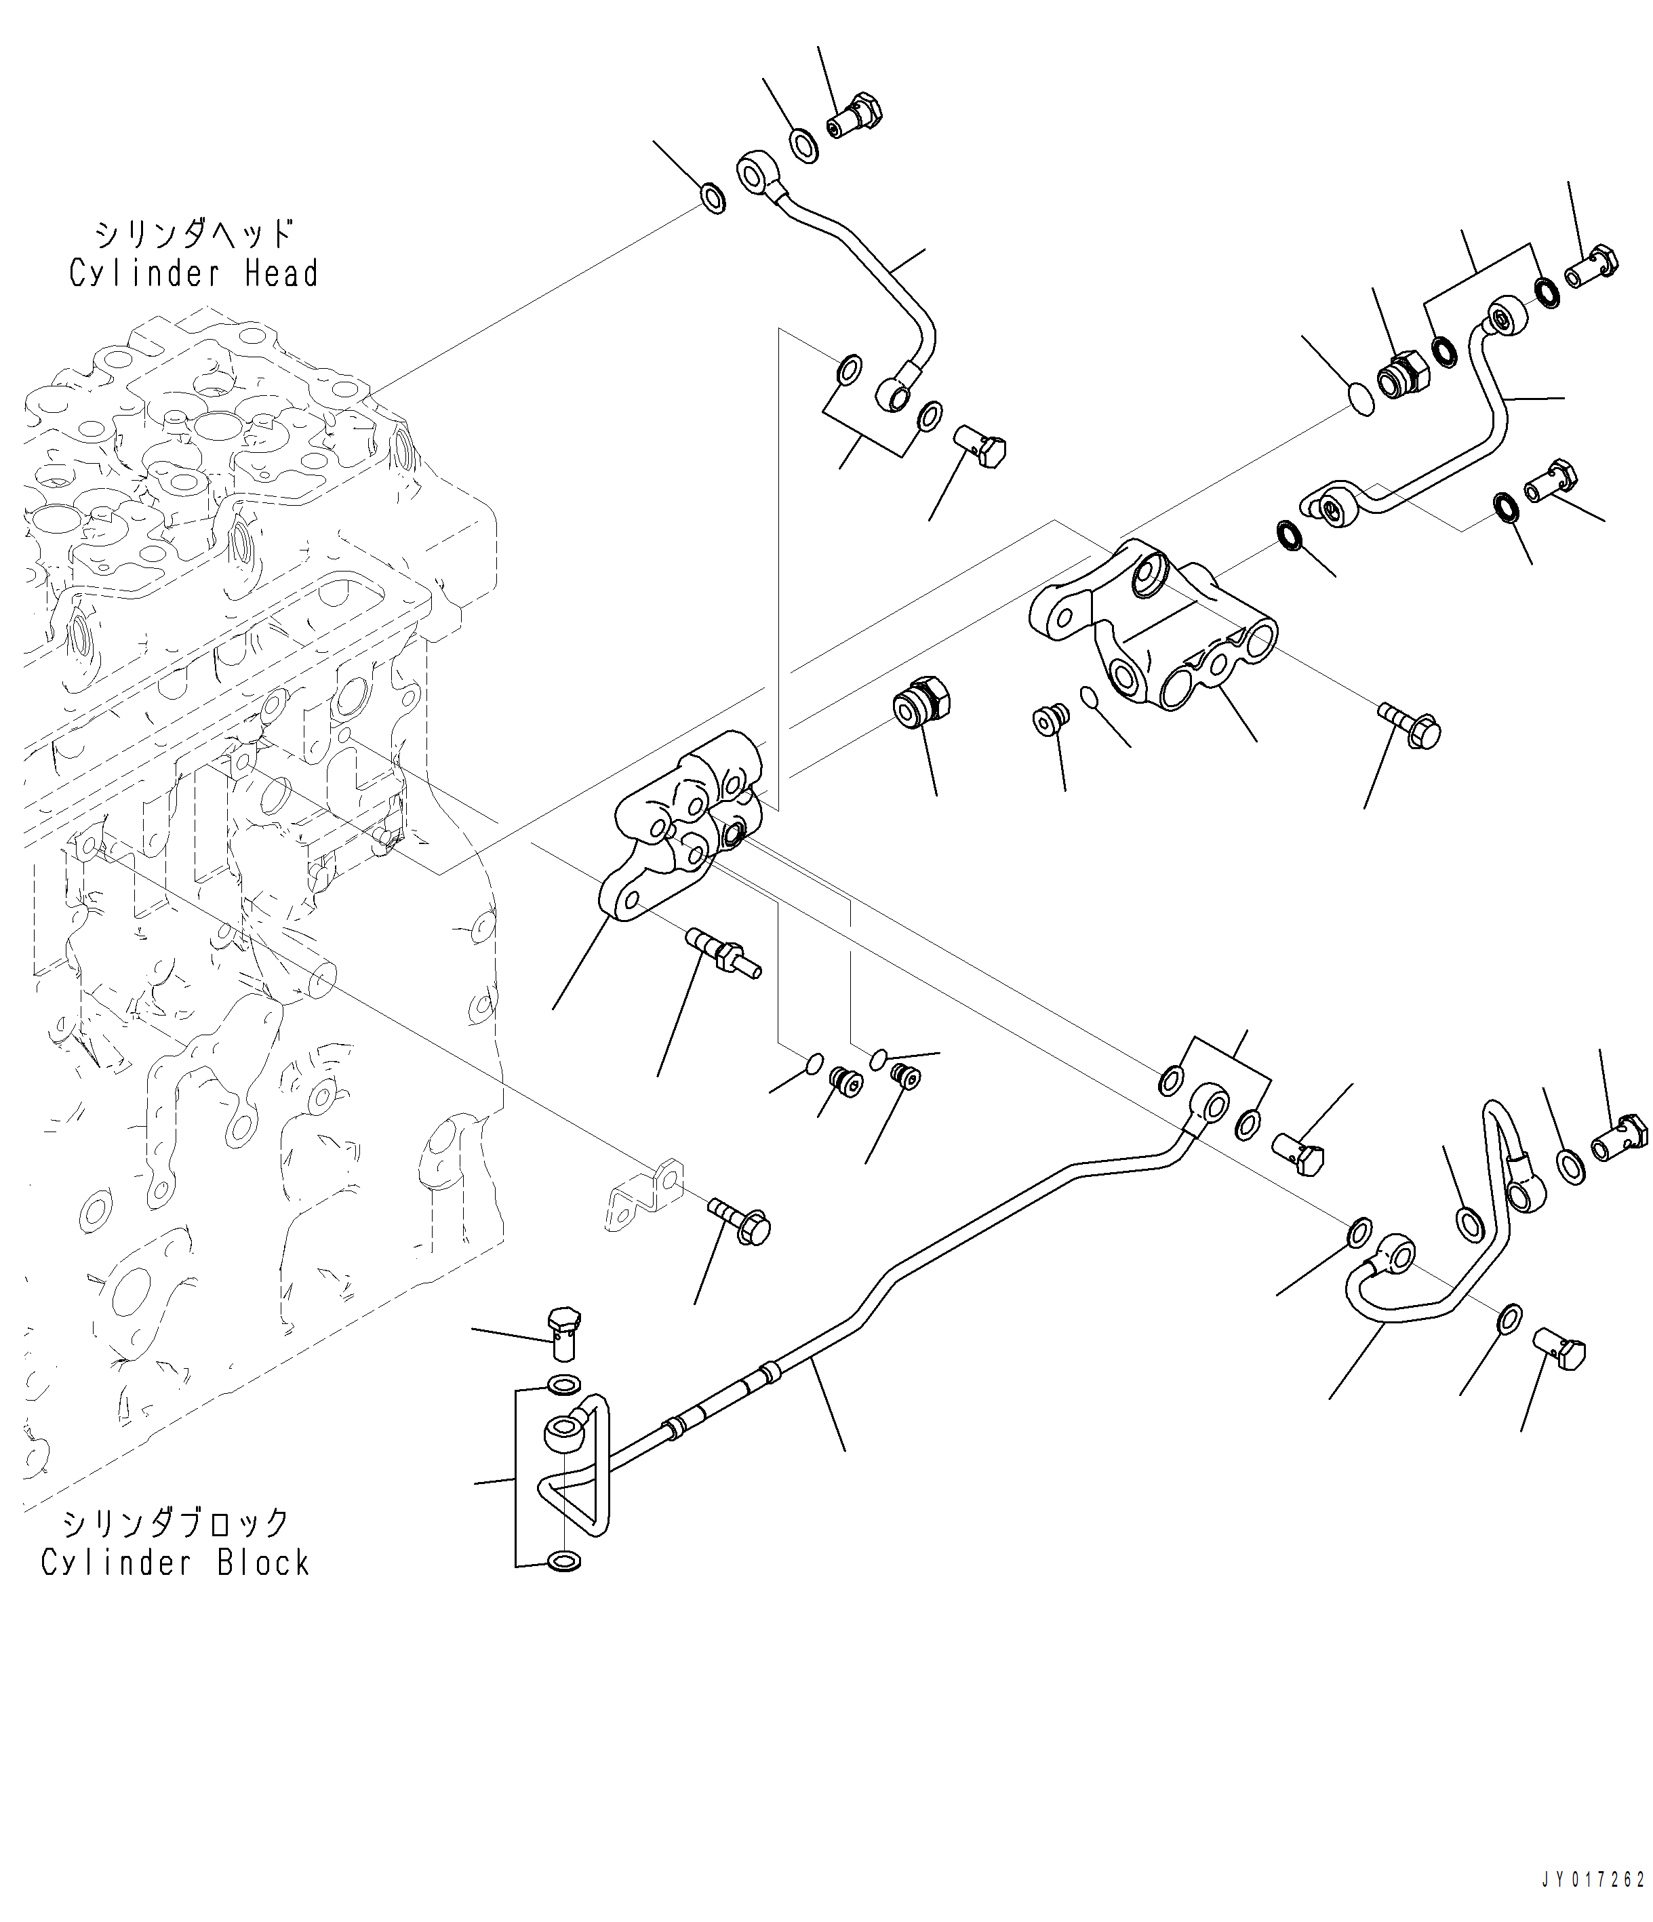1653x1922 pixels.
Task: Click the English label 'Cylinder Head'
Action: [x=194, y=274]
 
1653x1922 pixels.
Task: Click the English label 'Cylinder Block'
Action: [x=176, y=1562]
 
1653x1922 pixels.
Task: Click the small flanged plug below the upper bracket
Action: [x=1051, y=719]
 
